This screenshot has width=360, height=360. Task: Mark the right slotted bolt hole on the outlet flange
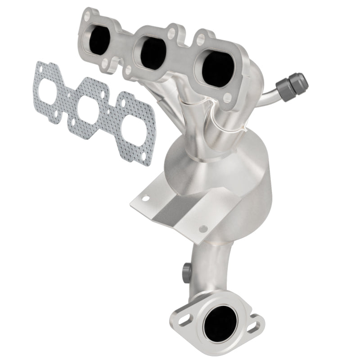[255, 324]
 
